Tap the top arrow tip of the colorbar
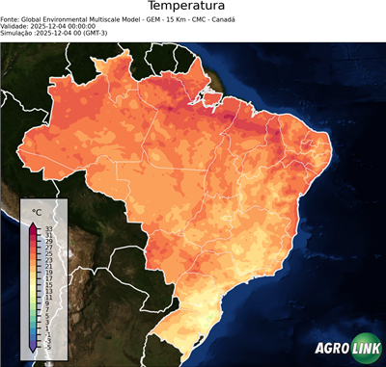click(33, 223)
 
